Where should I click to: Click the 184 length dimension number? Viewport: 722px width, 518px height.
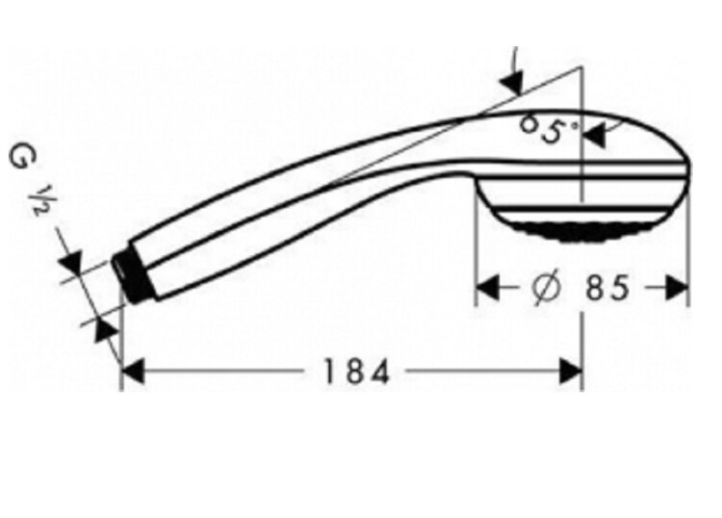(357, 372)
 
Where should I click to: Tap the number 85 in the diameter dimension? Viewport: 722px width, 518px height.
(607, 288)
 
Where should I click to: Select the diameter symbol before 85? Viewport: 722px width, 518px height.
(547, 287)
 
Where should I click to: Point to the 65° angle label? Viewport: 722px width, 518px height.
(548, 129)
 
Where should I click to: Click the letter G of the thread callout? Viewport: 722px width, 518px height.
(18, 159)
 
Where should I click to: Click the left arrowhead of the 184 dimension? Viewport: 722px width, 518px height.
(133, 371)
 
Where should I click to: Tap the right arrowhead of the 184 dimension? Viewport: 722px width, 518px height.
(570, 371)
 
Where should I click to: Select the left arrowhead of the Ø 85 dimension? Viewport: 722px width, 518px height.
(487, 289)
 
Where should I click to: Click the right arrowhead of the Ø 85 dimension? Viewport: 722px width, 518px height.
(677, 289)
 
